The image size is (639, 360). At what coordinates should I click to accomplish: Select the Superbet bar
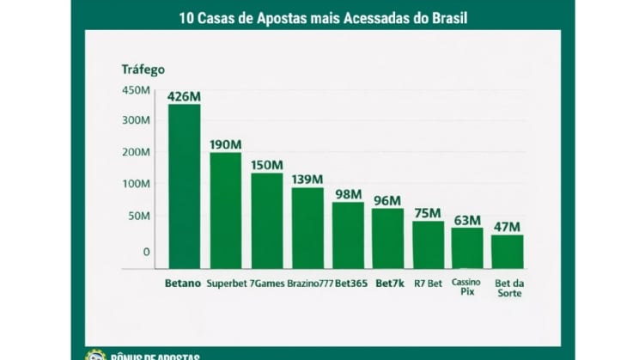226,210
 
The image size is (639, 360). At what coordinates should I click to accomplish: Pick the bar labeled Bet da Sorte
508,251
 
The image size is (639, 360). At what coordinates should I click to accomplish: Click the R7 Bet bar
428,244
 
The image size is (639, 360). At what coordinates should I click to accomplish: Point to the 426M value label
184,96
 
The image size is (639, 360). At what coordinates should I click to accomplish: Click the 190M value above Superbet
226,143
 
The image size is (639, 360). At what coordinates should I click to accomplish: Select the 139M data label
307,179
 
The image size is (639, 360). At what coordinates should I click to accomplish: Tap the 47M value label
508,227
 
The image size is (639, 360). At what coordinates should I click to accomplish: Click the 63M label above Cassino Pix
467,220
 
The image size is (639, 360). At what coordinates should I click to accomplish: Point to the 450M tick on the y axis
137,91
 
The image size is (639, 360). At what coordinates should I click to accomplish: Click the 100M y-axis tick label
137,184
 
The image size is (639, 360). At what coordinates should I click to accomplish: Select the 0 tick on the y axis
146,252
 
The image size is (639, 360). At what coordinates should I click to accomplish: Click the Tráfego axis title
143,70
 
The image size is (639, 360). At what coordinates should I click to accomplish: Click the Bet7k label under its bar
389,283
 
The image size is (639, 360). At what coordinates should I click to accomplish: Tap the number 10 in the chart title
186,17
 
